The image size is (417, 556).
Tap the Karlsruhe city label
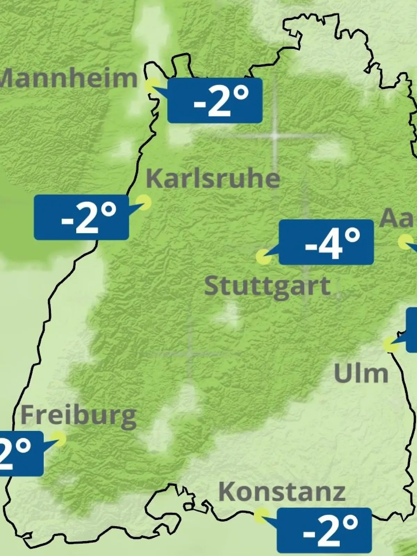213,178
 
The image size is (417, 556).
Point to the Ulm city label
361,374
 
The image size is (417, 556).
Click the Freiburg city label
79,416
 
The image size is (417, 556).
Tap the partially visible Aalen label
398,219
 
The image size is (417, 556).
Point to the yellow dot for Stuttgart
263,257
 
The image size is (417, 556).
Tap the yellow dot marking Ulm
391,344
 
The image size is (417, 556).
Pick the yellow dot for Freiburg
58,439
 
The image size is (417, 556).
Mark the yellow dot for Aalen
405,242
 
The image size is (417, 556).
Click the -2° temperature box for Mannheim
215,100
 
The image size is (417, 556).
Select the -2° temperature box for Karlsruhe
81,217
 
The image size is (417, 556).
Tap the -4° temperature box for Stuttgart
326,242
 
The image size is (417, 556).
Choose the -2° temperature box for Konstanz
324,530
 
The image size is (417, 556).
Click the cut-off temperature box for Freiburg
21,453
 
